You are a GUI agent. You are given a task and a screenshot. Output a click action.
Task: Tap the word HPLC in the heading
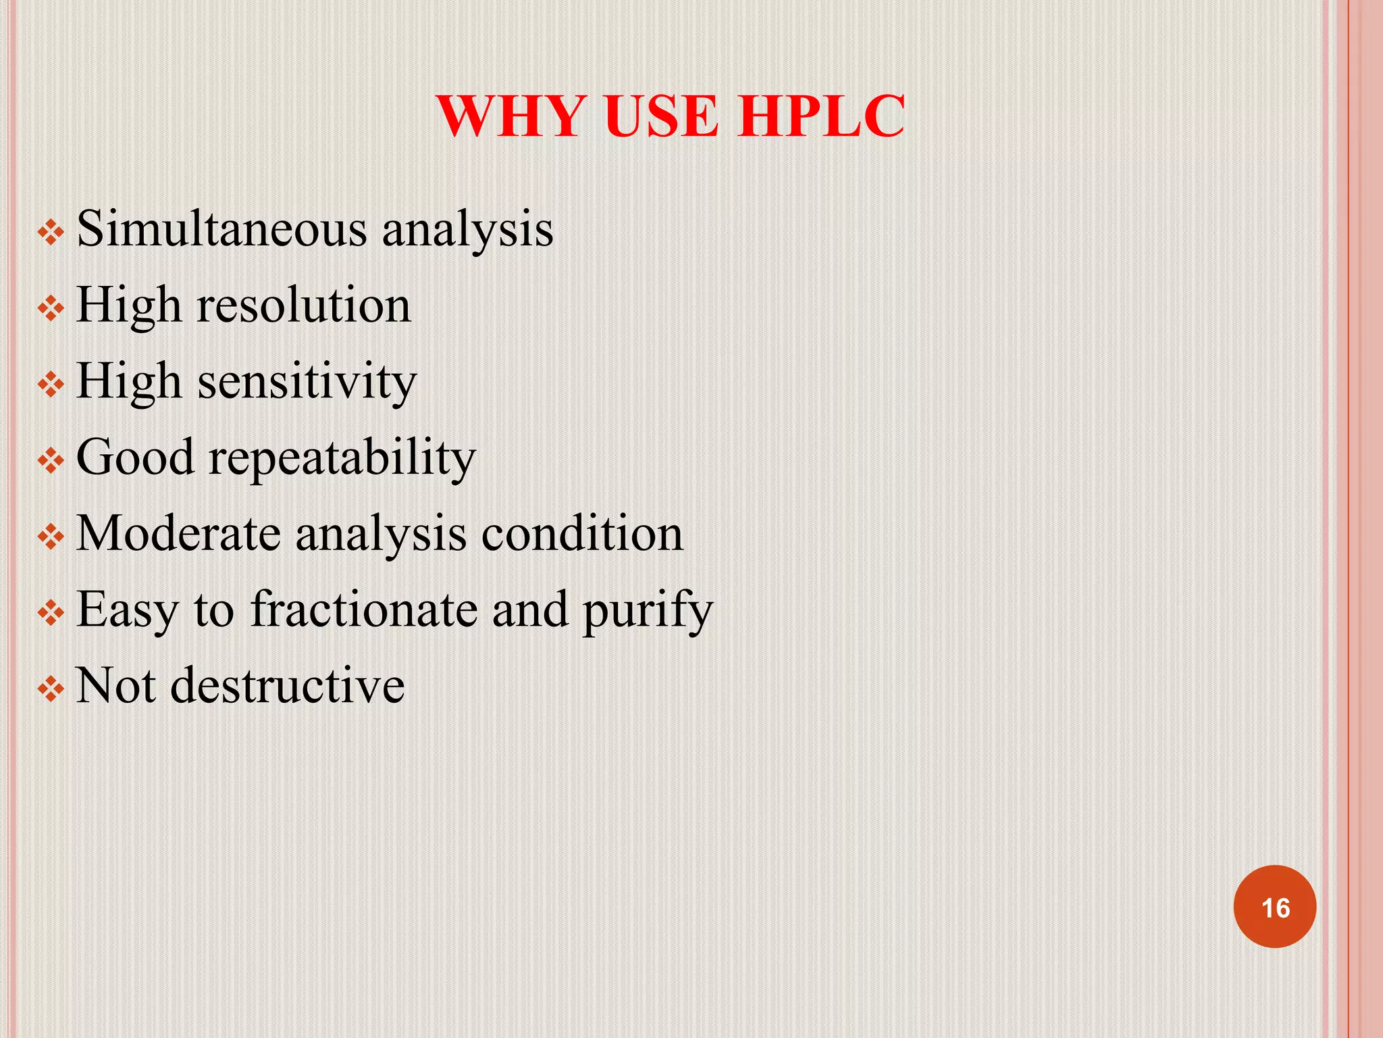point(820,116)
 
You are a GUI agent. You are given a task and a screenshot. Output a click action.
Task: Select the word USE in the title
point(660,116)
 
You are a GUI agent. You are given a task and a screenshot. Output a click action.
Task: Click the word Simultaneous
point(222,228)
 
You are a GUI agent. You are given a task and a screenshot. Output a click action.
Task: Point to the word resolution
point(303,305)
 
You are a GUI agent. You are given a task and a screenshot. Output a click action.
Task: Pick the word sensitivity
point(307,382)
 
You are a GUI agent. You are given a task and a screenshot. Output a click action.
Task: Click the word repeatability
point(342,458)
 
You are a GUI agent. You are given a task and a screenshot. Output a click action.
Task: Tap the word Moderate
point(178,534)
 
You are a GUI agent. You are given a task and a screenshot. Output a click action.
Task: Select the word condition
point(582,534)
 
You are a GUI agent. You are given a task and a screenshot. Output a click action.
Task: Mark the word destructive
point(288,686)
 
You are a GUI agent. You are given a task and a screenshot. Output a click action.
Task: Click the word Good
point(135,458)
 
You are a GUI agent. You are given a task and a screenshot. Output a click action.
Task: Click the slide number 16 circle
point(1275,907)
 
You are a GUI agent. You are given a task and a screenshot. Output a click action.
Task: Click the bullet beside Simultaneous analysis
point(51,234)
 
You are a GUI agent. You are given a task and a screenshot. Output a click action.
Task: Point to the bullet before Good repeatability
point(51,462)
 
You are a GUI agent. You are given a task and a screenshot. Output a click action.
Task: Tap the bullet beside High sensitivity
point(51,386)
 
